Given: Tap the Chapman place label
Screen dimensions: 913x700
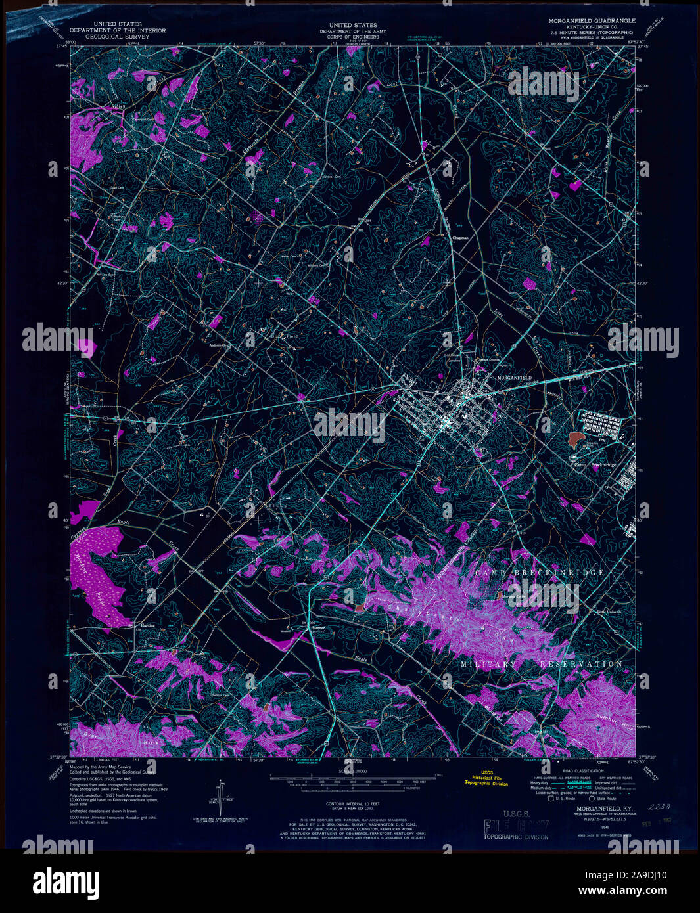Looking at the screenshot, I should [459, 238].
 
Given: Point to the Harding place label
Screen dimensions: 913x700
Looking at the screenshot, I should [147, 625].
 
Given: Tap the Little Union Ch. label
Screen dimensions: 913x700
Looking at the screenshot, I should [609, 612].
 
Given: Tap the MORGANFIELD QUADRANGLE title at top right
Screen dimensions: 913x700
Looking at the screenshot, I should [592, 21].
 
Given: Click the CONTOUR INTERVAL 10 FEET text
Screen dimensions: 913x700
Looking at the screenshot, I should [353, 803].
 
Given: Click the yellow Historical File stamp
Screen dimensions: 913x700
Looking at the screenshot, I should [486, 778].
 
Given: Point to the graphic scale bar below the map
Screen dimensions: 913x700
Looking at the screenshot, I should [355, 781].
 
